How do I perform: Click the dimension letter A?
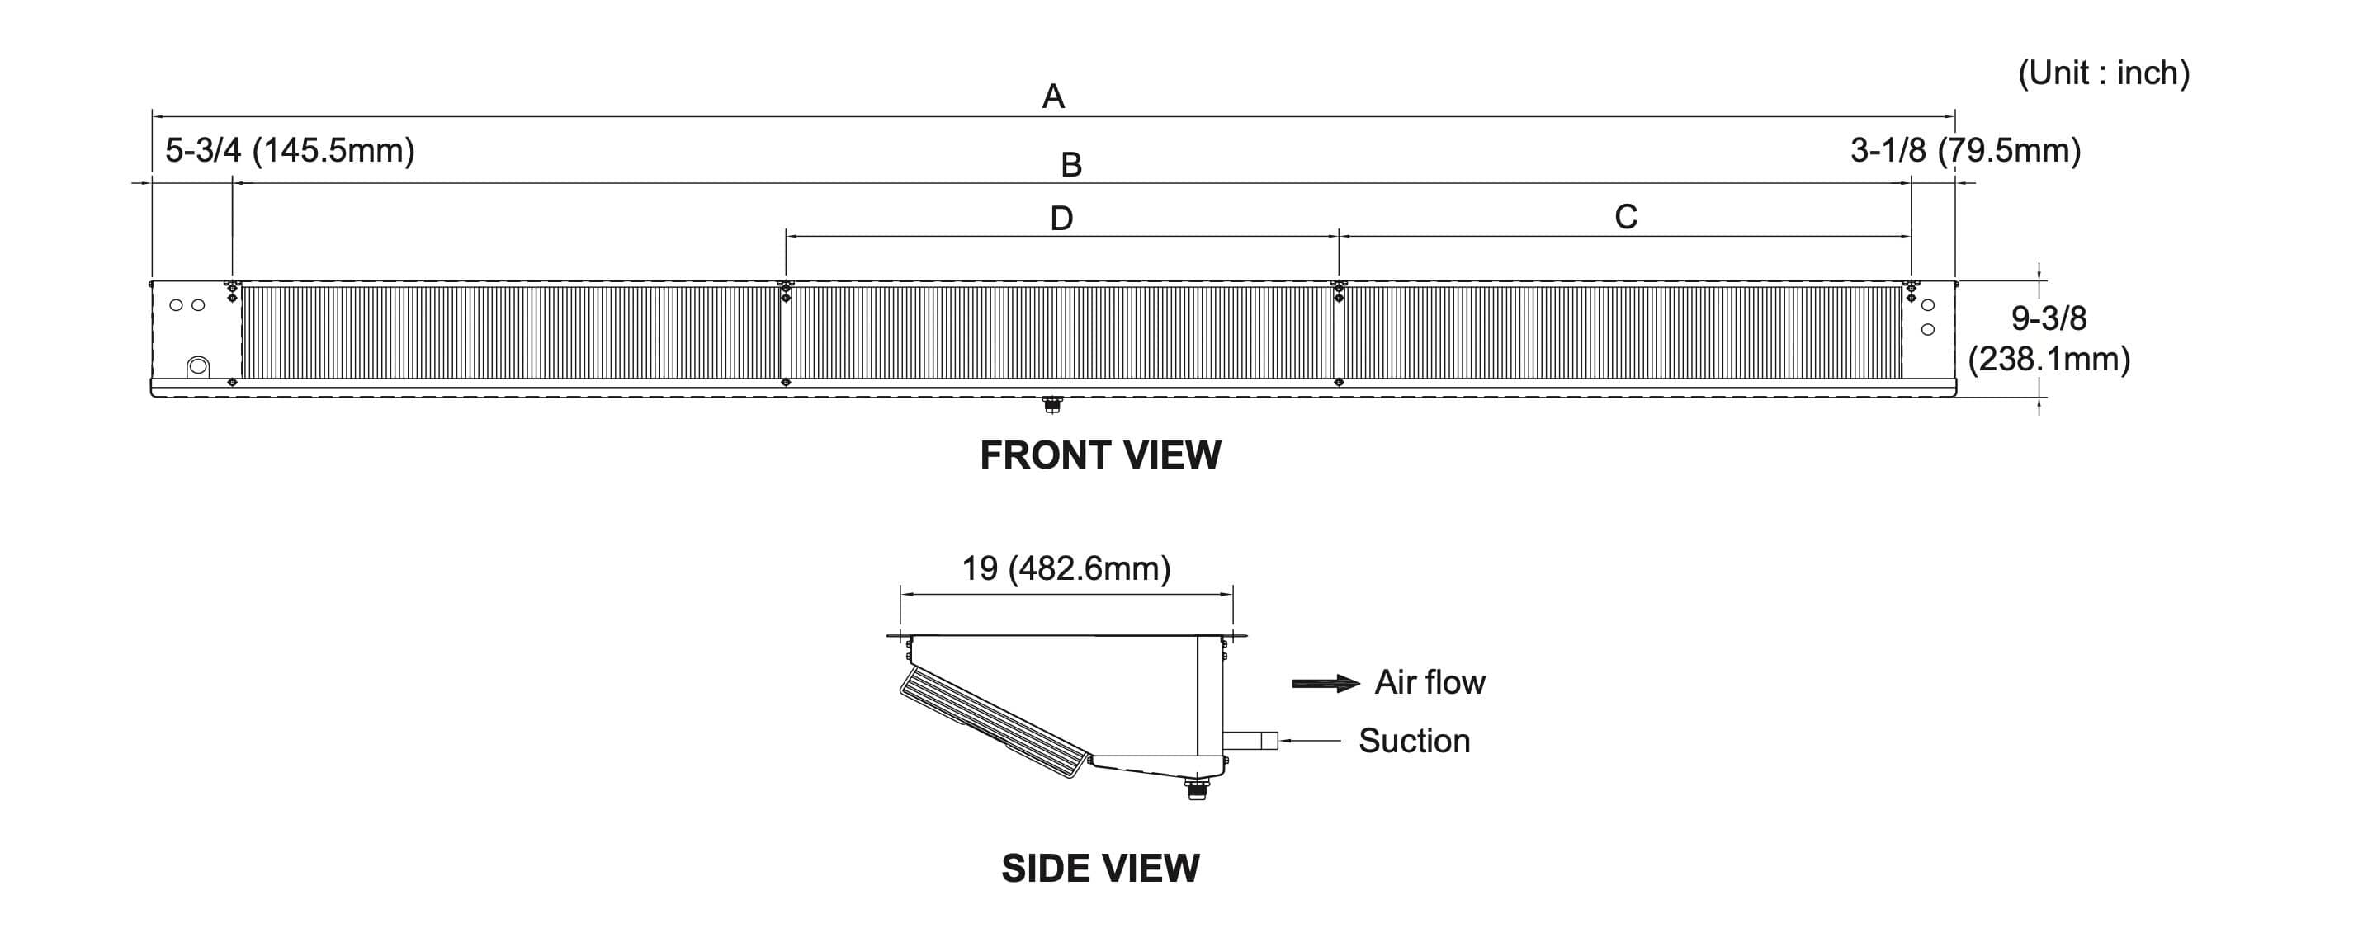1053,97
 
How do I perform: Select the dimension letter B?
1070,165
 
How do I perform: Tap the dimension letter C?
1626,217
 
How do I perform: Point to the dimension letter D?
1061,219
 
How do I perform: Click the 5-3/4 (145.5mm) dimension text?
290,149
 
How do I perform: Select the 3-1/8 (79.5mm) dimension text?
1965,149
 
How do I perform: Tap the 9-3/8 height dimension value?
2049,318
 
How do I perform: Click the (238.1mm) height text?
2049,359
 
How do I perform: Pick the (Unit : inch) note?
2103,73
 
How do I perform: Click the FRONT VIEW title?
1100,455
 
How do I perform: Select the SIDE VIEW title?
1100,868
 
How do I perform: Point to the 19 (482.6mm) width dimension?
1066,568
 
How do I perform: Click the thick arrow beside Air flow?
1325,684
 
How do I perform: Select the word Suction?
1414,741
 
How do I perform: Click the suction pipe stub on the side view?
1251,740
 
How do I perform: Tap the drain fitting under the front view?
1051,405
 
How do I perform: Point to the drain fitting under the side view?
1197,789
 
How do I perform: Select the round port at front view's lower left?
198,367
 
